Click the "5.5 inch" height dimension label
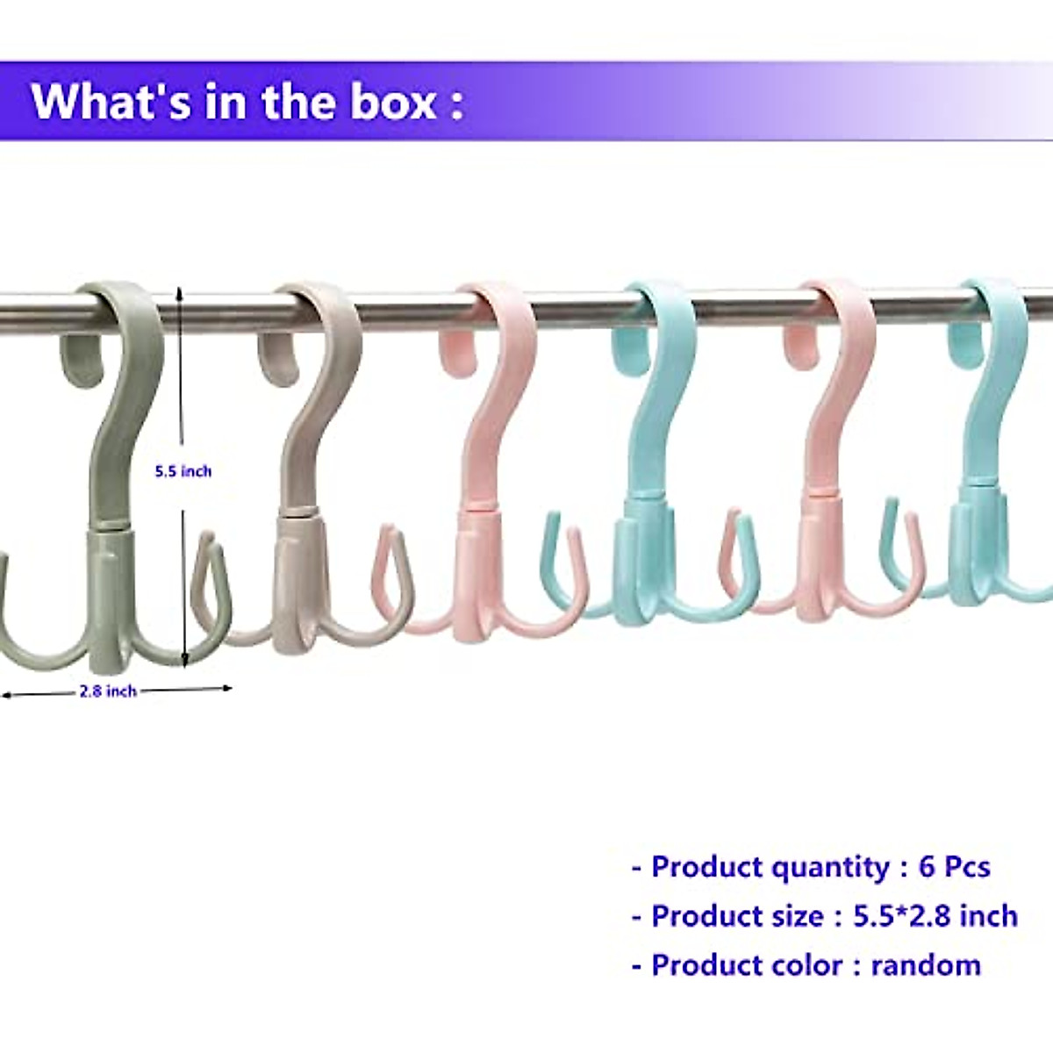(183, 471)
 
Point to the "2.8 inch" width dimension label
(108, 691)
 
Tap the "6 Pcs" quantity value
(954, 867)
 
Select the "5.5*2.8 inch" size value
(935, 916)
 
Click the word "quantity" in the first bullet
(830, 867)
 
